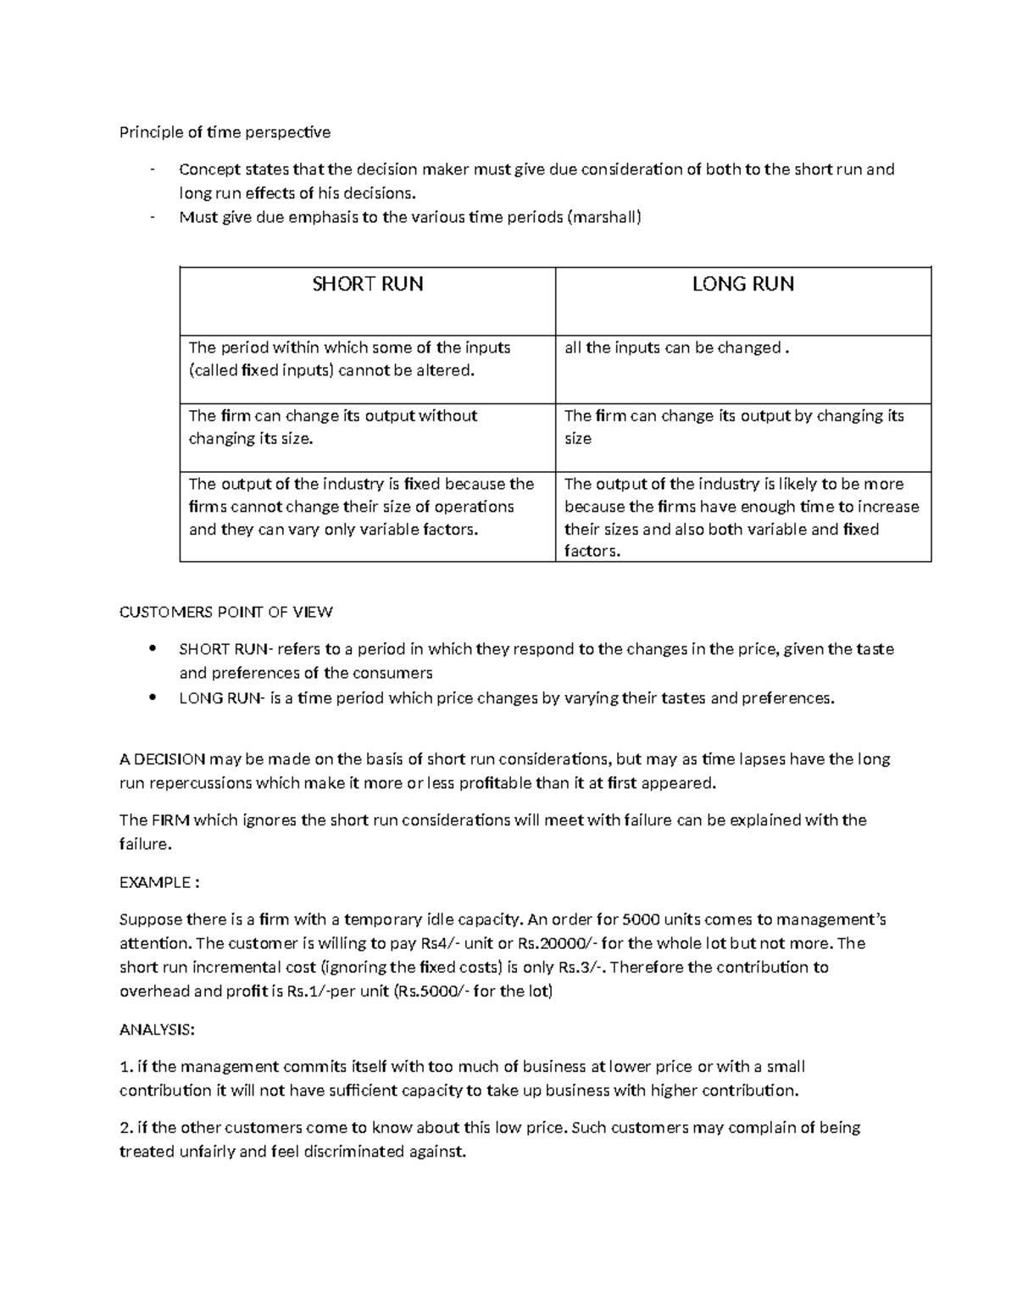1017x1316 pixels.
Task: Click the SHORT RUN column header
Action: coord(368,284)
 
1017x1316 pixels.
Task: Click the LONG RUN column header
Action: coord(742,284)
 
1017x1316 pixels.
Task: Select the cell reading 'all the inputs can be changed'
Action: coord(676,348)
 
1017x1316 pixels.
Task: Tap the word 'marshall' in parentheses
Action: coord(604,217)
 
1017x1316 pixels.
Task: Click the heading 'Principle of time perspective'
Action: coord(225,132)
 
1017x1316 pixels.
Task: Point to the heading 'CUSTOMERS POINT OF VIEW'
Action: coord(225,612)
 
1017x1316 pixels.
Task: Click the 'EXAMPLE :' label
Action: coord(159,882)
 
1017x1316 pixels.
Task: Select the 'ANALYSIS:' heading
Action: coord(157,1030)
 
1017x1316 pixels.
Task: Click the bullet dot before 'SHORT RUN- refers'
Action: coord(152,649)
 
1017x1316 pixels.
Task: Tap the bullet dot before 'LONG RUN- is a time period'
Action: coord(152,698)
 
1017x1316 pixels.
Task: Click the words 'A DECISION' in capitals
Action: coord(162,759)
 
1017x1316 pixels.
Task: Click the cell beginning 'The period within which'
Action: coord(349,359)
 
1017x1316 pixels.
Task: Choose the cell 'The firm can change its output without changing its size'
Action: coord(333,427)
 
